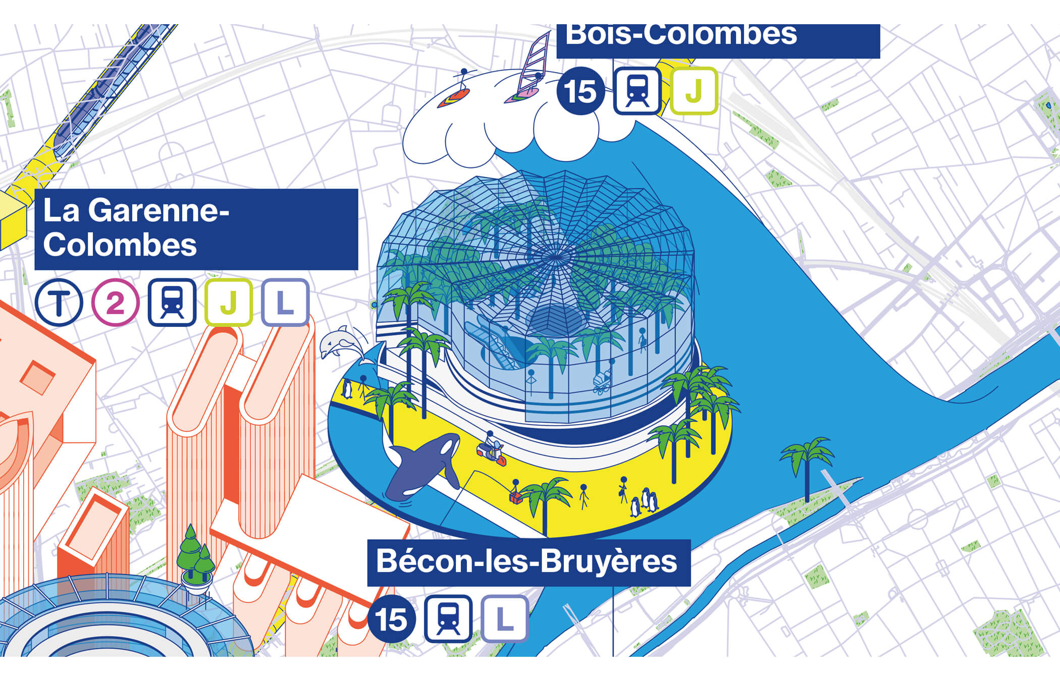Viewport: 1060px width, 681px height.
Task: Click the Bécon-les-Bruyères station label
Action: click(528, 562)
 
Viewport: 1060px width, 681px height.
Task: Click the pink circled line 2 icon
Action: click(115, 303)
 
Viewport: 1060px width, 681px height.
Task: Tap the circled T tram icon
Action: click(59, 303)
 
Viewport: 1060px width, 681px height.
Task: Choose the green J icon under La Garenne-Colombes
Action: click(229, 303)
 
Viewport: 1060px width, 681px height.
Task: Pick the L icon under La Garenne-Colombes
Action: click(285, 303)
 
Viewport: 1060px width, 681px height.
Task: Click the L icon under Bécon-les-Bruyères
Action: click(505, 619)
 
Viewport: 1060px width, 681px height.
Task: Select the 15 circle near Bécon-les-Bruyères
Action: click(391, 619)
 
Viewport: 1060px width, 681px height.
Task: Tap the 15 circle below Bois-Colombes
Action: click(580, 91)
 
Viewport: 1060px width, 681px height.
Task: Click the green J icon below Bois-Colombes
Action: click(694, 91)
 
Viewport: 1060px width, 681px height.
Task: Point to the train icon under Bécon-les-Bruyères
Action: click(448, 619)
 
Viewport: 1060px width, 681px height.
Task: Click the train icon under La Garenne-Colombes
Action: click(172, 303)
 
